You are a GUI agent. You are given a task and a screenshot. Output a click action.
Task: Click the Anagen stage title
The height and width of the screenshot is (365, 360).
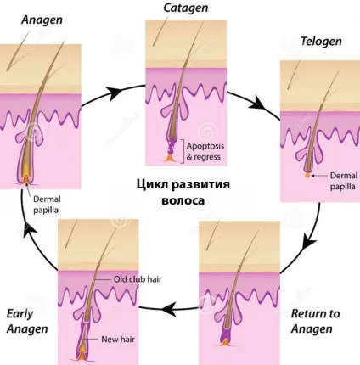coord(42,20)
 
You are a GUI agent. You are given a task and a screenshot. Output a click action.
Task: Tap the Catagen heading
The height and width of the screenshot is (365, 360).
coord(185,8)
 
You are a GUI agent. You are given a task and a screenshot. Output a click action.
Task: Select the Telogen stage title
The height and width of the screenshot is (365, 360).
coord(321,42)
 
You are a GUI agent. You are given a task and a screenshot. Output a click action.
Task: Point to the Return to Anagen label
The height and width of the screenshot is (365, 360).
coord(315,321)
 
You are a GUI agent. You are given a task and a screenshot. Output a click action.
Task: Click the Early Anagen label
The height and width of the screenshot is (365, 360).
coord(27,321)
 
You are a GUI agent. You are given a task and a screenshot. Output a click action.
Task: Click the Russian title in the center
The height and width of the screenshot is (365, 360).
coord(183,193)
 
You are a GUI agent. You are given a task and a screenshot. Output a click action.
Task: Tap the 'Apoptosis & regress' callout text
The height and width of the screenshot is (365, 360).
coord(205,151)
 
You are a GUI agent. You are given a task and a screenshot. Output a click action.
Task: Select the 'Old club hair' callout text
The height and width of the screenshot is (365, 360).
coord(138,279)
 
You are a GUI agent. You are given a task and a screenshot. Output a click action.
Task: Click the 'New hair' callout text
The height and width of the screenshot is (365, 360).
coord(118,339)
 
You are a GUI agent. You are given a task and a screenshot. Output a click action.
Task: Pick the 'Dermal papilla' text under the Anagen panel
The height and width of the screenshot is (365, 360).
coord(47,205)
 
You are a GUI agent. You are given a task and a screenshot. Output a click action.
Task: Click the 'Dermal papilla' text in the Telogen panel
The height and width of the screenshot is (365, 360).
coord(344,181)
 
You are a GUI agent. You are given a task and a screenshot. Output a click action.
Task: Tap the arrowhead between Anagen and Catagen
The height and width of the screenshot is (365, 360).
coord(115,93)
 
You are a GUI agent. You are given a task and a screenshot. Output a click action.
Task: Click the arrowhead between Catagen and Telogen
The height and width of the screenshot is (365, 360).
coord(258,104)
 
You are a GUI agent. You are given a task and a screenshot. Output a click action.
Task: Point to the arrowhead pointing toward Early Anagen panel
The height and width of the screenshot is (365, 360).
coord(168,308)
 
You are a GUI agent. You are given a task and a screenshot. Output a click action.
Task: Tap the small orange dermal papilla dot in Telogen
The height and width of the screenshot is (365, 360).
coord(307,176)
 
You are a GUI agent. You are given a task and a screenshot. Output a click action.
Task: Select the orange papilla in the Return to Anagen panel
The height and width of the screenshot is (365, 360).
coord(225,342)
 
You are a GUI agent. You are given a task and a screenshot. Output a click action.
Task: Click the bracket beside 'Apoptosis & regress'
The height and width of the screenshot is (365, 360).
coord(183,151)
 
